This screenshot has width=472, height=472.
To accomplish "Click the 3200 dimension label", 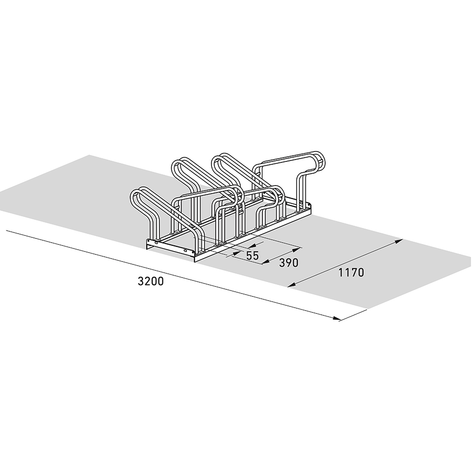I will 151,281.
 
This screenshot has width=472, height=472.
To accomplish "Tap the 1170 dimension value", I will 351,272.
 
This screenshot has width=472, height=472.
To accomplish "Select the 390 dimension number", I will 288,263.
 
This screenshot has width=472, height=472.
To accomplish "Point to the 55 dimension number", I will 253,256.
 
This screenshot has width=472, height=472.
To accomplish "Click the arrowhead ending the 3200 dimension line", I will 336,319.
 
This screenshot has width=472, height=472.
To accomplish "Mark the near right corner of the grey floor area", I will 368,309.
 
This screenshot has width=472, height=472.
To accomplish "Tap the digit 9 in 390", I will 288,263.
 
